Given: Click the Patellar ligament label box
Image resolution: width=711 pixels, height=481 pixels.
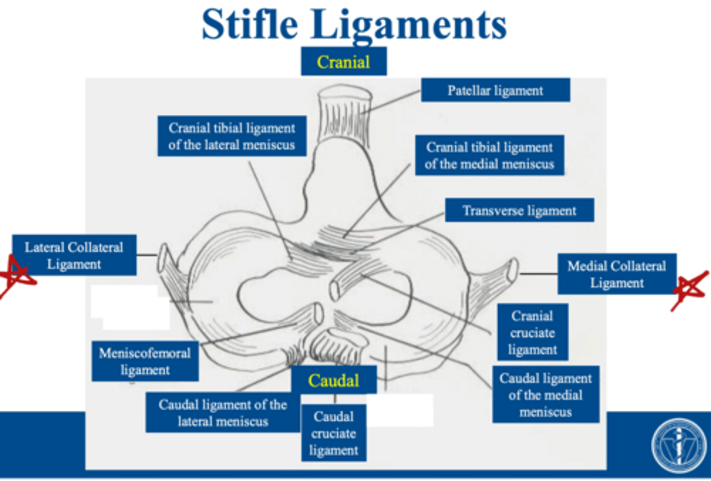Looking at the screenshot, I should coord(495,90).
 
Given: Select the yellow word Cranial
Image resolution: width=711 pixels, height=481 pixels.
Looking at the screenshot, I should coord(343,62).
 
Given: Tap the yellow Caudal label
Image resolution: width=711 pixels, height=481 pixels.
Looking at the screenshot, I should coord(334,380).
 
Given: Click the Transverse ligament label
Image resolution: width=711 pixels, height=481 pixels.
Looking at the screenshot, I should coord(519,211).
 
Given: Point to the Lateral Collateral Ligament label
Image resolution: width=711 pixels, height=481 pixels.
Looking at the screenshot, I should coord(74,255).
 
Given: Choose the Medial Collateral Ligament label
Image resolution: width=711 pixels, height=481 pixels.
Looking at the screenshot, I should coord(616,274).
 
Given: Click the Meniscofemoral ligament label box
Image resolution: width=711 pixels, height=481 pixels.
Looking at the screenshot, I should coord(145,361).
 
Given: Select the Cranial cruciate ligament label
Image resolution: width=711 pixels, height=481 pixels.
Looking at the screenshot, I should coord(532,332).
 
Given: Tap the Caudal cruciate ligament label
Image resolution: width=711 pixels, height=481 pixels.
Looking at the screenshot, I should coord(334,433).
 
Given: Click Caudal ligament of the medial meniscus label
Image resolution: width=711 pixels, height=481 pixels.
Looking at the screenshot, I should coord(545,394).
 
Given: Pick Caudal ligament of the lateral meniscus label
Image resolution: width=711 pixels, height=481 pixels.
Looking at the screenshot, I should coord(223,412).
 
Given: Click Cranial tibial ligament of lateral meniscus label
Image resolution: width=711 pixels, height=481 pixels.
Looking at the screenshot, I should coord(232,136).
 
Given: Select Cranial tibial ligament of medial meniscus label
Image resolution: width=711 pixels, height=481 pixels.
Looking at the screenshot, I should coord(489,155).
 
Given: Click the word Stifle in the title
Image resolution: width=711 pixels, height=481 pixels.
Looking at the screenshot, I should coord(250,25).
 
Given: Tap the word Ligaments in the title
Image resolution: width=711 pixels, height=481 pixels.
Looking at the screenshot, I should coord(409,25).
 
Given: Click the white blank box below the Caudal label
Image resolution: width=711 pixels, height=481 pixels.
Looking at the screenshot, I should coord(400,410).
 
